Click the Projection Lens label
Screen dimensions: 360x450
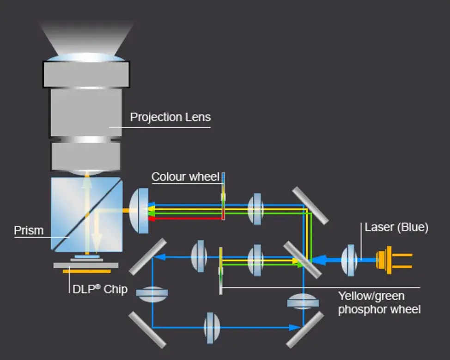(x=170, y=117)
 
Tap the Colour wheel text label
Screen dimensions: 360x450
(x=185, y=177)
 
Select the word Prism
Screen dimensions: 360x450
(x=29, y=230)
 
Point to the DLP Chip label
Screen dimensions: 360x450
(x=100, y=289)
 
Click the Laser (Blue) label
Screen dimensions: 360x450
(x=396, y=227)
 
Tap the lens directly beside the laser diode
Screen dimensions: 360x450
(x=349, y=260)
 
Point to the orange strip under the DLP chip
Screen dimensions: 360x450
(x=86, y=271)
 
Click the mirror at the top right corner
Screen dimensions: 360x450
(x=310, y=206)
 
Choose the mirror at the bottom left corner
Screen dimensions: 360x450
(x=147, y=329)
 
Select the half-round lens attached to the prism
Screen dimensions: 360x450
(x=139, y=210)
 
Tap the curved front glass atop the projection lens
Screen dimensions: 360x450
(x=86, y=57)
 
